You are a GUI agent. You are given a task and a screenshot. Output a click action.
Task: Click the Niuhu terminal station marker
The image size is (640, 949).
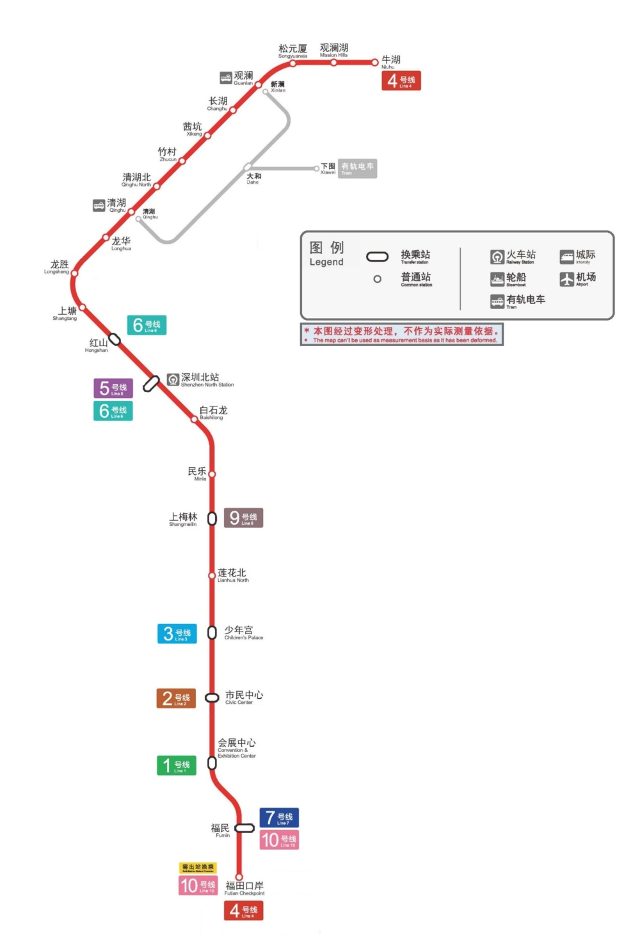[x=376, y=63]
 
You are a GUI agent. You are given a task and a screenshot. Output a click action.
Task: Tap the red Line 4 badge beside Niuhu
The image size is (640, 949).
[x=401, y=81]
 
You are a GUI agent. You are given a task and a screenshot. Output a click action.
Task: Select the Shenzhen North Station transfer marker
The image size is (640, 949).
[x=151, y=383]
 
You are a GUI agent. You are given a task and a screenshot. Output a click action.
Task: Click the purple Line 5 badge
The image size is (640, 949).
[x=113, y=388]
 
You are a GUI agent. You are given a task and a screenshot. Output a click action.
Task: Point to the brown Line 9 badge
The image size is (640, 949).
[x=243, y=518]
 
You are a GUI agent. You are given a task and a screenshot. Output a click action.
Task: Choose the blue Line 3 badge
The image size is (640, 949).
[x=177, y=634]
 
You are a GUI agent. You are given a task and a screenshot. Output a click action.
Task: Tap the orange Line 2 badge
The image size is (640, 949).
[x=176, y=698]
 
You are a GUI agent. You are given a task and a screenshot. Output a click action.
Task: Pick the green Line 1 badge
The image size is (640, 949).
[x=176, y=765]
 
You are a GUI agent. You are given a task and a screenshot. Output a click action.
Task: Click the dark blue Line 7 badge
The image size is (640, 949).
[x=279, y=817]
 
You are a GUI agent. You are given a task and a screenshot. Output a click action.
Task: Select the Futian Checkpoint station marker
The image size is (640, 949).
[x=239, y=877]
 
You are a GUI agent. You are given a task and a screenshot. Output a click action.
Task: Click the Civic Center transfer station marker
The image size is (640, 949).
[x=212, y=698]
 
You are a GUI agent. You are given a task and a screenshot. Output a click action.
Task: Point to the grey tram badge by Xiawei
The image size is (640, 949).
[x=357, y=168]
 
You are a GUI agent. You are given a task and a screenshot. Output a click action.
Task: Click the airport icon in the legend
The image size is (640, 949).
[x=567, y=279]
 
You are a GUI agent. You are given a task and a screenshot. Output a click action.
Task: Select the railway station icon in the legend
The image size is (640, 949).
[x=497, y=257]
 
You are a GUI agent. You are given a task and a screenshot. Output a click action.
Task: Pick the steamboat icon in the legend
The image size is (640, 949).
[x=497, y=279]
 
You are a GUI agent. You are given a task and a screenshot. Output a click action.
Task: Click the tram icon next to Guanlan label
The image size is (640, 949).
[x=226, y=77]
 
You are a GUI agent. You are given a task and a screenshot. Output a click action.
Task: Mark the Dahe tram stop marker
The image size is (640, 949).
[x=248, y=167]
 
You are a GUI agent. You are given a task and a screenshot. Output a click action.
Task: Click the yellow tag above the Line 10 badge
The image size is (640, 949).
[x=198, y=868]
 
